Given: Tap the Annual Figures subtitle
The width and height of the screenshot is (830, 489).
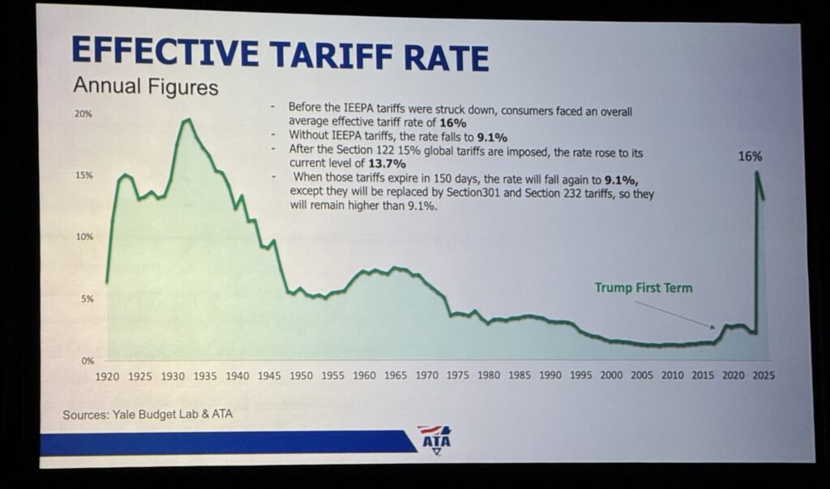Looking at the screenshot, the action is click(x=145, y=86).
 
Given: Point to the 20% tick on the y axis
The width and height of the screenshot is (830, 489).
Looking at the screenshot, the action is click(x=83, y=114).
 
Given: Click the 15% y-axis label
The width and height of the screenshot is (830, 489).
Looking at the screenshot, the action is click(x=83, y=176).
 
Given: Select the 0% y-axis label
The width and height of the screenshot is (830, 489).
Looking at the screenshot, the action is click(x=87, y=360).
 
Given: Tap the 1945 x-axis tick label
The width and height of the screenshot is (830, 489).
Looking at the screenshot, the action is click(x=267, y=376).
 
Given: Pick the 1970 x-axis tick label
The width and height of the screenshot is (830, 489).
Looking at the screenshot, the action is click(x=427, y=376).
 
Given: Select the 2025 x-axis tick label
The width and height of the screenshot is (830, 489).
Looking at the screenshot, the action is click(x=763, y=376).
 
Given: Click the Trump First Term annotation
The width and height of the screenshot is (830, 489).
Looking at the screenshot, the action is click(x=643, y=287).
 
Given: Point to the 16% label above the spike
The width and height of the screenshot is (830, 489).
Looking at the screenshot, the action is click(x=751, y=156).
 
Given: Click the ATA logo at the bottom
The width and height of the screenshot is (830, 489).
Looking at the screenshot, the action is click(x=434, y=440).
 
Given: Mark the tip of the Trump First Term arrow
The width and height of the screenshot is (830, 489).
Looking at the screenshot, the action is click(x=714, y=327).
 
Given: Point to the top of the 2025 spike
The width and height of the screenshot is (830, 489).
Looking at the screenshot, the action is click(x=756, y=172).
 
